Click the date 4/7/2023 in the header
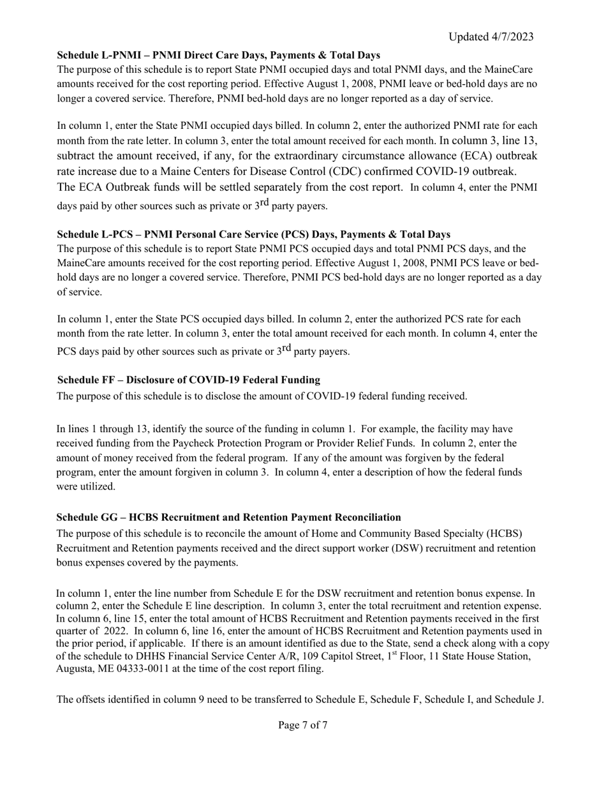coord(509,37)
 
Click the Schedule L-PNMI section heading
coord(218,56)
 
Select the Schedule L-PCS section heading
coord(253,234)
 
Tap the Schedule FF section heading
coord(188,380)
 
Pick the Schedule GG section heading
coord(228,517)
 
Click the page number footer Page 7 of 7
coord(303,725)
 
